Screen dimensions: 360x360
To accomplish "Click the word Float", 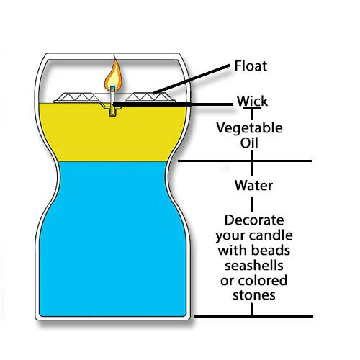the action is pyautogui.click(x=251, y=66).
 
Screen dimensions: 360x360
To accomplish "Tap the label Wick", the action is pyautogui.click(x=252, y=101).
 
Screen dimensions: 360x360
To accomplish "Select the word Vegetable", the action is pyautogui.click(x=249, y=128).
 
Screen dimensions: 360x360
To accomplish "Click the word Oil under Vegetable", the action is pyautogui.click(x=249, y=143).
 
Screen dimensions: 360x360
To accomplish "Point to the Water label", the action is pyautogui.click(x=253, y=185).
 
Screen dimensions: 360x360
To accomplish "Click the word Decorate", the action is pyautogui.click(x=254, y=220).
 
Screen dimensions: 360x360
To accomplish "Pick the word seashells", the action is pyautogui.click(x=254, y=265).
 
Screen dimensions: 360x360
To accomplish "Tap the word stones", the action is pyautogui.click(x=254, y=295).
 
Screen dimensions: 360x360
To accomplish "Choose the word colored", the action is pyautogui.click(x=263, y=280).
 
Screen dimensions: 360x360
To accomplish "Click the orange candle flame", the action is pyautogui.click(x=114, y=75).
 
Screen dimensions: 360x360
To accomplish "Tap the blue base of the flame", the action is pyautogui.click(x=112, y=88).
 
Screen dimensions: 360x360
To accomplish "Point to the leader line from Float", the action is pyautogui.click(x=192, y=79).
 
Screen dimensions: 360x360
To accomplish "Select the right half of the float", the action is pyautogui.click(x=150, y=98).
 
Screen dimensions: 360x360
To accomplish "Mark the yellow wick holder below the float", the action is pyautogui.click(x=112, y=110).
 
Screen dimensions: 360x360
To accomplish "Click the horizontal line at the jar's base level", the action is pyautogui.click(x=253, y=316).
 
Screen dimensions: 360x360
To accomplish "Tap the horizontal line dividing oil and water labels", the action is pyautogui.click(x=245, y=161).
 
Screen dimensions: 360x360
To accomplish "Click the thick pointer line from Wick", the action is pyautogui.click(x=173, y=104).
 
